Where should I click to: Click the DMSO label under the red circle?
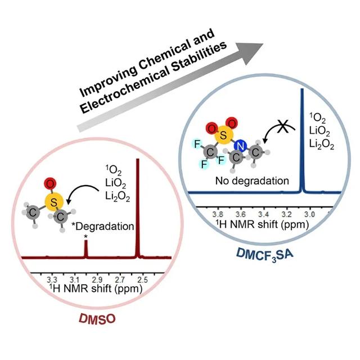pyautogui.click(x=97, y=319)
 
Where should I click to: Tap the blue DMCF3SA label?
pyautogui.click(x=264, y=255)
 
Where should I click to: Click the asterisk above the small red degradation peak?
pyautogui.click(x=86, y=236)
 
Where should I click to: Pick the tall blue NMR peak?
pyautogui.click(x=302, y=141)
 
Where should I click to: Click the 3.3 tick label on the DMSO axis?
pyautogui.click(x=52, y=280)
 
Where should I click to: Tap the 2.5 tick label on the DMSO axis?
pyautogui.click(x=142, y=280)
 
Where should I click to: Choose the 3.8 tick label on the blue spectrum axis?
pyautogui.click(x=218, y=214)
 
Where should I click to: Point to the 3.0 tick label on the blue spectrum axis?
pyautogui.click(x=309, y=214)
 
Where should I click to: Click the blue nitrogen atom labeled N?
pyautogui.click(x=240, y=146)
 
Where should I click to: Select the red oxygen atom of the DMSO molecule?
pyautogui.click(x=50, y=184)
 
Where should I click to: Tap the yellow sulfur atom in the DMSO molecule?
pyautogui.click(x=54, y=202)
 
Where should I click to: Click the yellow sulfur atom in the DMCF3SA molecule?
pyautogui.click(x=224, y=135)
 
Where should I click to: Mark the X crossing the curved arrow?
pyautogui.click(x=283, y=126)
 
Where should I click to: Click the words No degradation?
pyautogui.click(x=252, y=181)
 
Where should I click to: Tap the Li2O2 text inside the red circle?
pyautogui.click(x=118, y=196)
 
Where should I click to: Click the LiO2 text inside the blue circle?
pyautogui.click(x=319, y=131)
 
